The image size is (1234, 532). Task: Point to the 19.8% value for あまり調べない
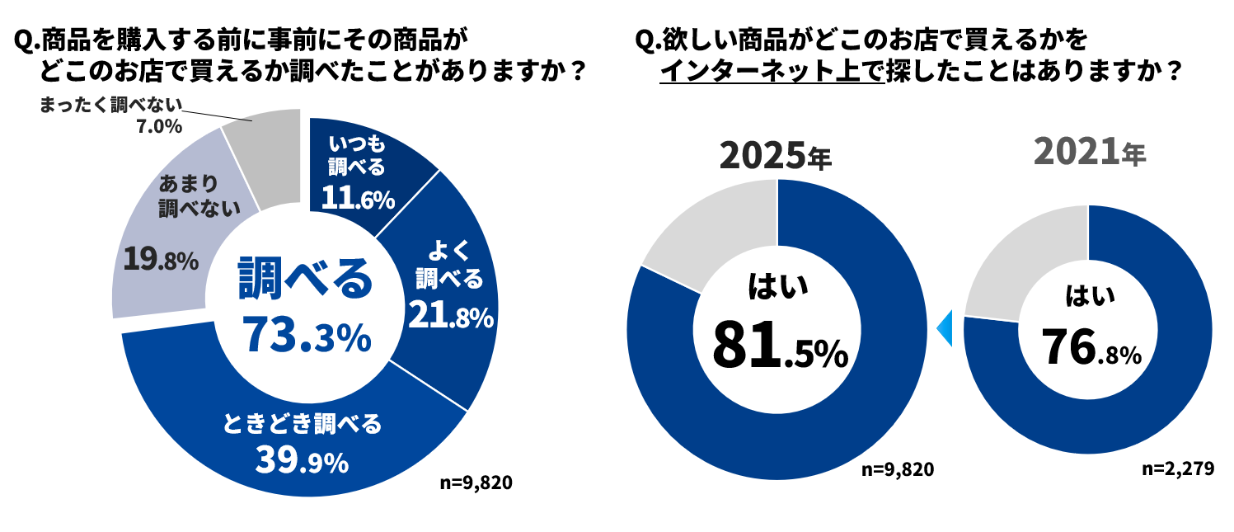[161, 260]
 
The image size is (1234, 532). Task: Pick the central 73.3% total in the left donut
[305, 336]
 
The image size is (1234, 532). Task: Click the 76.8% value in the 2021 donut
[1091, 346]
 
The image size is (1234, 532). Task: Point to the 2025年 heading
[776, 156]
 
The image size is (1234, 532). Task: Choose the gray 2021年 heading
[1089, 153]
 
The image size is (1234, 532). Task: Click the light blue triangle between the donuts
[945, 328]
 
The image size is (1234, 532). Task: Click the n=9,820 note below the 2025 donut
[897, 469]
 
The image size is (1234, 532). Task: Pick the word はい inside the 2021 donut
[1090, 295]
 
